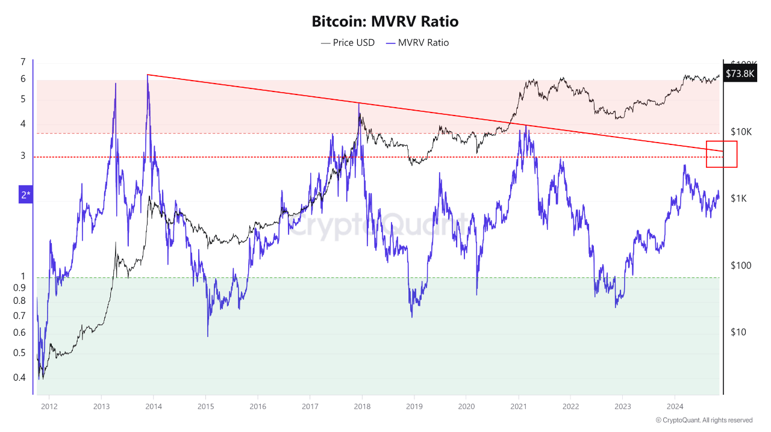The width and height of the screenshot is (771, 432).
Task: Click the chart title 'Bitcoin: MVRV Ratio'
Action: [385, 22]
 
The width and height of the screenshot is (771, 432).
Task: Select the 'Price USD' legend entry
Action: [348, 43]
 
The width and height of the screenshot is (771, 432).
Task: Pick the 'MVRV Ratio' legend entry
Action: [417, 43]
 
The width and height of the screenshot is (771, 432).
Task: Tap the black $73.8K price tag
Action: [739, 73]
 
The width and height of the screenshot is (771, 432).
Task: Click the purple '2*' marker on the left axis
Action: [25, 194]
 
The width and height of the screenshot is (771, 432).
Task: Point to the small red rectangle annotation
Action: [722, 154]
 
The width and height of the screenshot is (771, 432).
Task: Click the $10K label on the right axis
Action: [741, 132]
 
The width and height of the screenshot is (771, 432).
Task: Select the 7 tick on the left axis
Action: [23, 62]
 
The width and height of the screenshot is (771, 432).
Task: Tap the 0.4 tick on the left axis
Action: [20, 378]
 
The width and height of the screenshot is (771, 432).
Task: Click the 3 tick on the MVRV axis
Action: [23, 156]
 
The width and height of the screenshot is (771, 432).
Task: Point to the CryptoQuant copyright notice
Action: [704, 420]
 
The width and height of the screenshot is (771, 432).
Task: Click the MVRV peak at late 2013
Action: [148, 75]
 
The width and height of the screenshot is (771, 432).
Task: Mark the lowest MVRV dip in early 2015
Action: [207, 336]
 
